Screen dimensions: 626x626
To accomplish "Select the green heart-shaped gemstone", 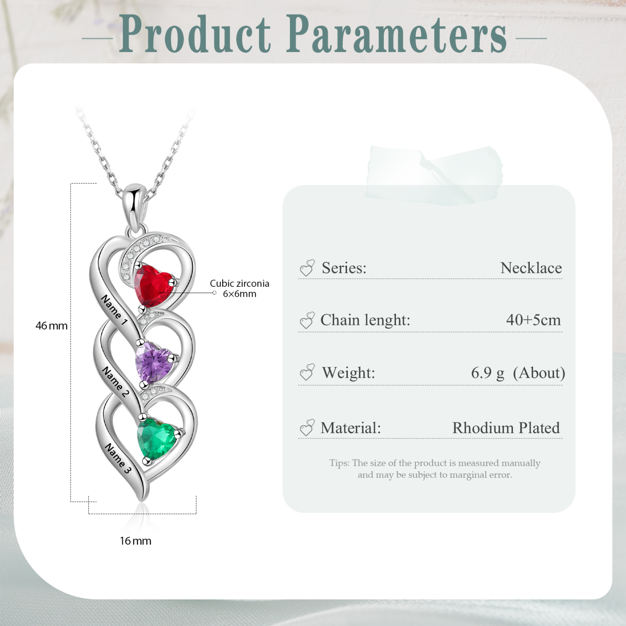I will [157, 438].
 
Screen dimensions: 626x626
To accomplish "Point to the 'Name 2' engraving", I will [116, 382].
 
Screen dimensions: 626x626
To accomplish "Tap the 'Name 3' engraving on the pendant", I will [118, 458].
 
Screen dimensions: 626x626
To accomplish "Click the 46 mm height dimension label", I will [52, 326].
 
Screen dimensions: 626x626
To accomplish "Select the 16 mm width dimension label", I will [136, 541].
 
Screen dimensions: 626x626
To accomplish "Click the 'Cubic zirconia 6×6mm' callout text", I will [240, 289].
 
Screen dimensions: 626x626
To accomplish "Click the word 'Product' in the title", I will [195, 35].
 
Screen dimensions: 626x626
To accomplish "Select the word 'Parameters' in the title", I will [396, 35].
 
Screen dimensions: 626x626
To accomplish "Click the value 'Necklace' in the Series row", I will [531, 268].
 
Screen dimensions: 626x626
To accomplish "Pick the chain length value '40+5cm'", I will [533, 320].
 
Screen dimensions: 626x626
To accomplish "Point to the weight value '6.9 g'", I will [487, 373].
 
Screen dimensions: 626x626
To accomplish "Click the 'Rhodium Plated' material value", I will [506, 428].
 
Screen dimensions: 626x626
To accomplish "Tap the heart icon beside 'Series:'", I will [307, 268].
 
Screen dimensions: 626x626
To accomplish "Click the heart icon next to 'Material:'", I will [307, 428].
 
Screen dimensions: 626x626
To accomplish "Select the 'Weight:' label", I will [348, 373].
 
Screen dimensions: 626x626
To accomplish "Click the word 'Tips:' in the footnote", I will [339, 463].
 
